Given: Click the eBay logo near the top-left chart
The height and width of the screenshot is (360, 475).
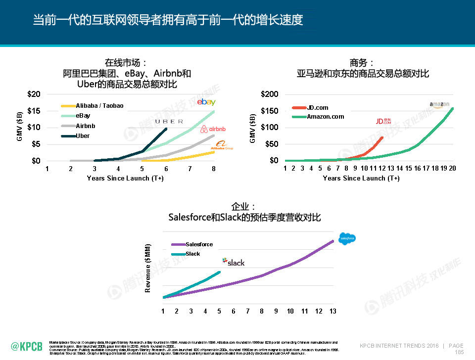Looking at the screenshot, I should tap(206, 102).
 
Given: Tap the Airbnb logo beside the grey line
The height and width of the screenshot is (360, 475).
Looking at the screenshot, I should tap(213, 129).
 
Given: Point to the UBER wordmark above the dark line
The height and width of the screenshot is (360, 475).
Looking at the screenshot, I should tap(169, 121).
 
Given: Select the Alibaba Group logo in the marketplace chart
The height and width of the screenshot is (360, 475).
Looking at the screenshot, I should tap(221, 145).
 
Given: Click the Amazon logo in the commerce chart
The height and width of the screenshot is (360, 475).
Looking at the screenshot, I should tap(439, 104).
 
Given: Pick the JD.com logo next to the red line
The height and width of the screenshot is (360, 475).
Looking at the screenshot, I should tap(383, 121).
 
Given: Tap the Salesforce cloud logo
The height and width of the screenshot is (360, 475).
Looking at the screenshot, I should tap(347, 238).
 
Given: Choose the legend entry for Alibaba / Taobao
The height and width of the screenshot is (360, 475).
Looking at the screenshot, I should tap(99, 106).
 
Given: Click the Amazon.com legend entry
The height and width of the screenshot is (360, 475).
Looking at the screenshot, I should tap(325, 117).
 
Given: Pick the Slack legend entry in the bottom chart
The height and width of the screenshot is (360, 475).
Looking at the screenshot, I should tap(192, 254).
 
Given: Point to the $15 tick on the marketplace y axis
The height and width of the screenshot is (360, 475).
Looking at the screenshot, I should tap(33, 111).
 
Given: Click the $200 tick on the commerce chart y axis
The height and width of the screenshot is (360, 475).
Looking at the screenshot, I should tap(270, 94).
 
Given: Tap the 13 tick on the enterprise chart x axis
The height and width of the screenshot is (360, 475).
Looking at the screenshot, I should tap(333, 311).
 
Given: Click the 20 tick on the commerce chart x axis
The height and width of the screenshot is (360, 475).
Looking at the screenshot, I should tap(452, 168).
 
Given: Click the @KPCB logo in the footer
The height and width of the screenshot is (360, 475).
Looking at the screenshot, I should tap(26, 346).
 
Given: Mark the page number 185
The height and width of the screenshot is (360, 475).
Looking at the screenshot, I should tap(459, 352).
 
